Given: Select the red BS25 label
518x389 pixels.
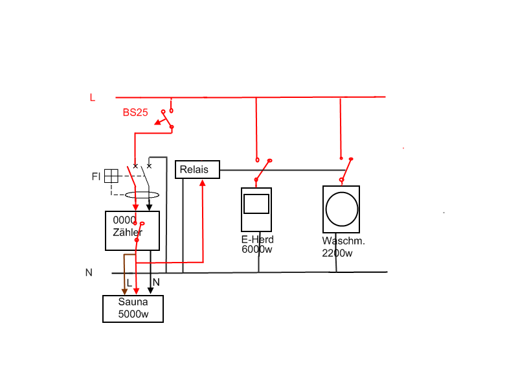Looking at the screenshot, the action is [135, 112].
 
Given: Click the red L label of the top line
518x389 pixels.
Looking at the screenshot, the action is [93, 98].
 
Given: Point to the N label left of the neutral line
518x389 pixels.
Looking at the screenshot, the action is [89, 272].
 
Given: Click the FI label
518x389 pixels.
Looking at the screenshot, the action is [96, 176].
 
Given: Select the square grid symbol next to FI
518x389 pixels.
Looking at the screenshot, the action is [111, 176].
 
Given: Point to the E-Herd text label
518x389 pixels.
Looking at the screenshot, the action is [257, 239].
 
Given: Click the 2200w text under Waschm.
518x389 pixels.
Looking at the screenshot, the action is [337, 253].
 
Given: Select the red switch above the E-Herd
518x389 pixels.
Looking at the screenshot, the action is [263, 171].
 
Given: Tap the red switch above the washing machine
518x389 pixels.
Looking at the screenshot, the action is [346, 170].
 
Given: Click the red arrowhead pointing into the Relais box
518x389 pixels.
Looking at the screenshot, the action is [203, 182].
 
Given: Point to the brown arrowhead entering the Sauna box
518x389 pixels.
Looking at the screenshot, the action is [124, 291].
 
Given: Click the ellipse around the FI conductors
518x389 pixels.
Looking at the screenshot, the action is [142, 192].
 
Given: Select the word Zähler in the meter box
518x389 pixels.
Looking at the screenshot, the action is [128, 232].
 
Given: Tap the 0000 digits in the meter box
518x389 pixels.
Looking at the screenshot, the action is [124, 220].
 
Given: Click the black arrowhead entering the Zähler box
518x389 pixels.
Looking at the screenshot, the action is [150, 207].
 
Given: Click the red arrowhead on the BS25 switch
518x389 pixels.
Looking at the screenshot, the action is [158, 123].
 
